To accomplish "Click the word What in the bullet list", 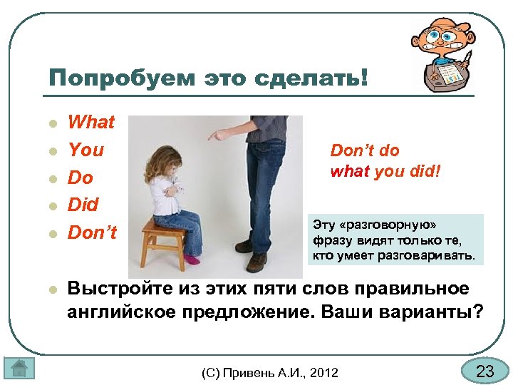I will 90,122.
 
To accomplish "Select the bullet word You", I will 85,150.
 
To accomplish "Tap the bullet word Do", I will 81,178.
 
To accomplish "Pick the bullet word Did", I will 83,205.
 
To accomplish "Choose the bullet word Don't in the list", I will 92,233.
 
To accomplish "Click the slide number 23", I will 484,371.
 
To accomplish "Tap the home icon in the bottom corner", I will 19,368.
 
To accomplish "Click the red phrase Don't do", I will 365,150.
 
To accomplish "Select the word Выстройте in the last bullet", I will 125,289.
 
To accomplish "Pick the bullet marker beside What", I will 52,123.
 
